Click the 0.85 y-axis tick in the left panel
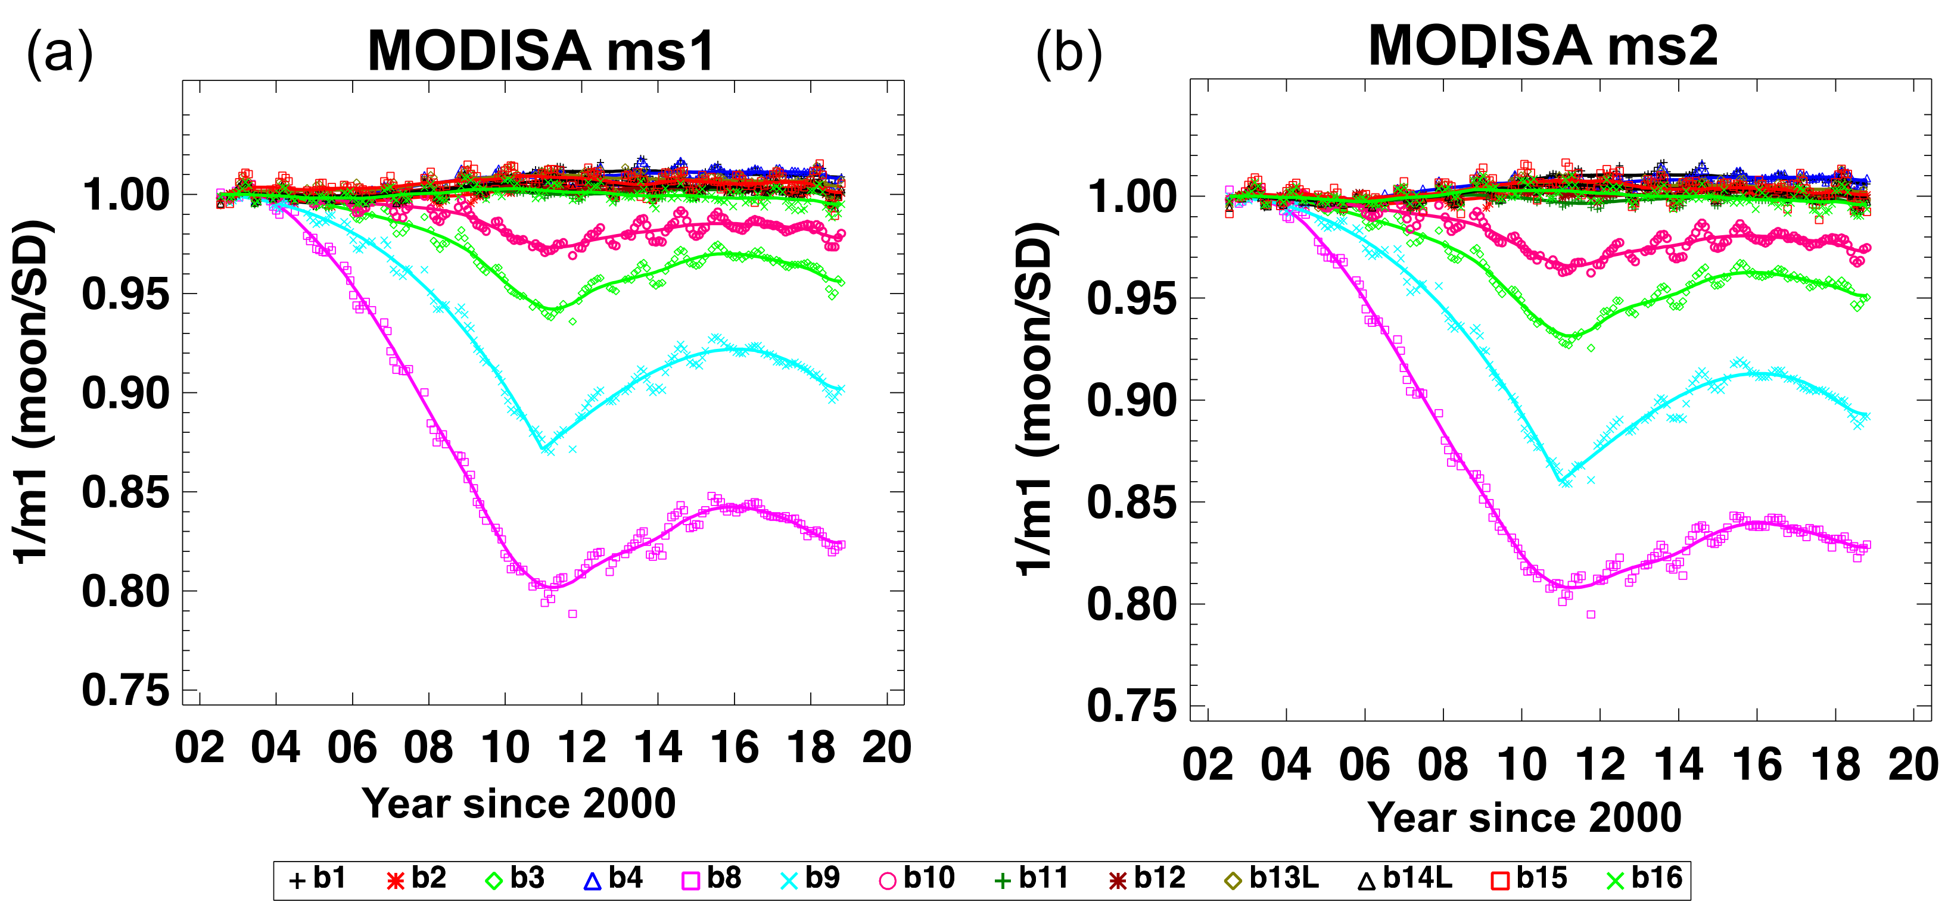tap(126, 492)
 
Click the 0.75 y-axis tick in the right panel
tap(1131, 706)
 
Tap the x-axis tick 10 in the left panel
tap(505, 748)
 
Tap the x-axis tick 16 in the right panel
tap(1757, 765)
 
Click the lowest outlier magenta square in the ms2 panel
tap(1591, 614)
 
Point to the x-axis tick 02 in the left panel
tap(200, 748)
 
